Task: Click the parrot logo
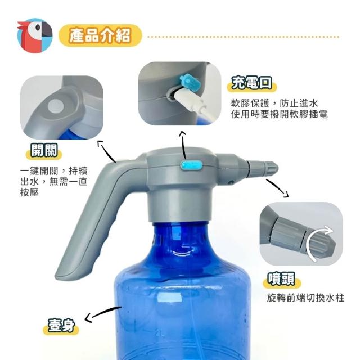(x=35, y=35)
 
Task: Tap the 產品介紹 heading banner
(x=100, y=35)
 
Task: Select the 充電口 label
(x=252, y=83)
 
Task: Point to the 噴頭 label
(x=282, y=279)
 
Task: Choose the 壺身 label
(x=61, y=326)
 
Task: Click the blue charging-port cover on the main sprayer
(x=191, y=165)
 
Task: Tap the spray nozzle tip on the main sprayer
(x=263, y=169)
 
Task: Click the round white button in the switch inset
(x=56, y=106)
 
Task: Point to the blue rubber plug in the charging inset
(x=190, y=81)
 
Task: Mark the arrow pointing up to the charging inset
(x=183, y=145)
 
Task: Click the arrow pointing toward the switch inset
(x=106, y=151)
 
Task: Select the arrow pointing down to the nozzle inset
(x=277, y=187)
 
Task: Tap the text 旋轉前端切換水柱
(x=305, y=298)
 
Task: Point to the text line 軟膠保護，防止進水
(x=274, y=103)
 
